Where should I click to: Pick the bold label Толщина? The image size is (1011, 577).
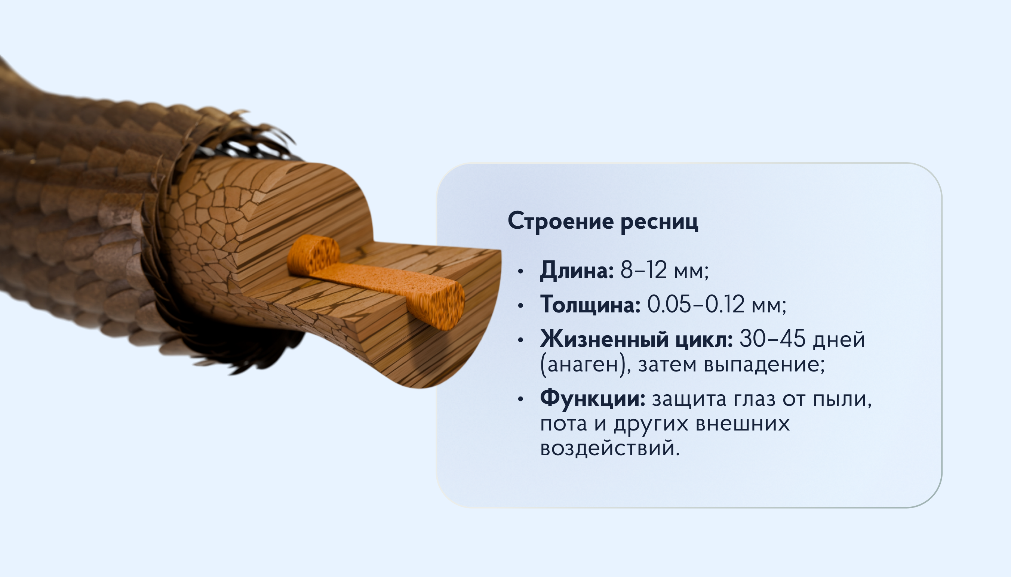[590, 305]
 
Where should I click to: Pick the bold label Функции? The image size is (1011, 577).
[593, 399]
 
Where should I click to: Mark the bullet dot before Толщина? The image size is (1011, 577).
[520, 306]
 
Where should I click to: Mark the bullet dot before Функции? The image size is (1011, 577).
[520, 399]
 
